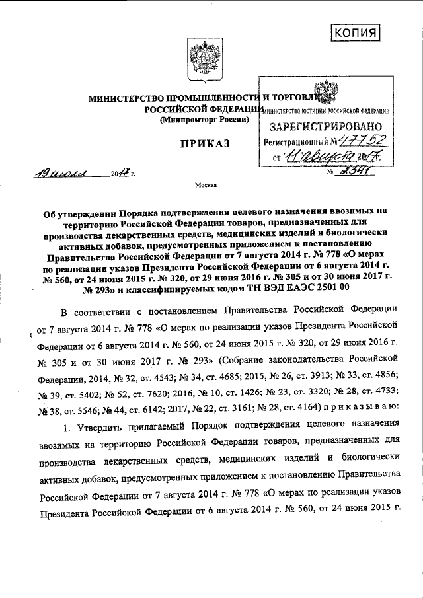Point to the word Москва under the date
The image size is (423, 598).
click(205, 186)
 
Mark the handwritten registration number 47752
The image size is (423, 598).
click(365, 139)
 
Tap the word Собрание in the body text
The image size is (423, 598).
click(250, 359)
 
